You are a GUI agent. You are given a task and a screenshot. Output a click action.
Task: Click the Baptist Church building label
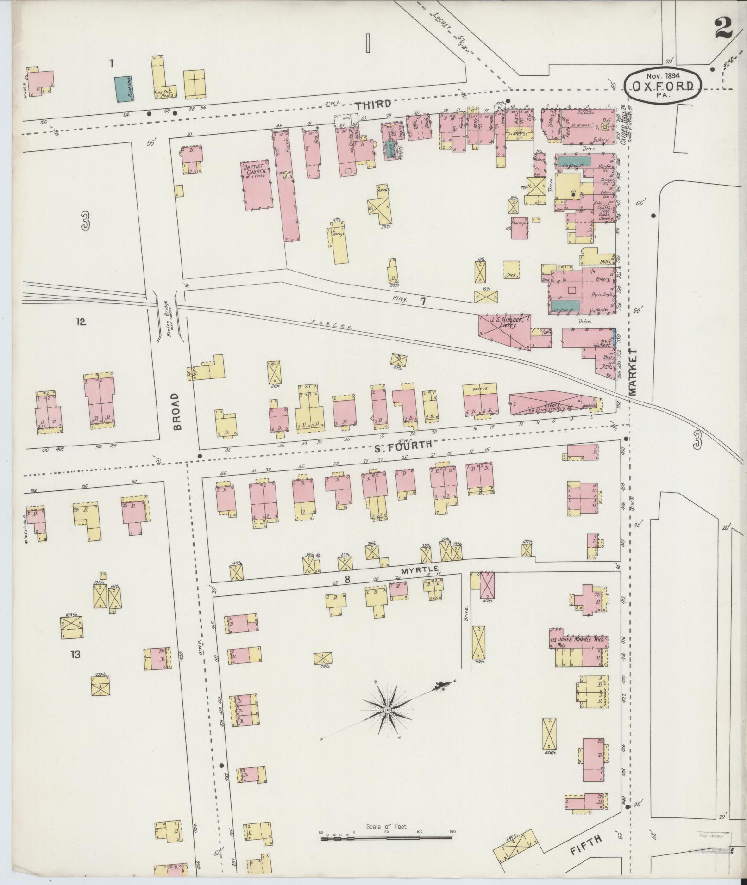[253, 169]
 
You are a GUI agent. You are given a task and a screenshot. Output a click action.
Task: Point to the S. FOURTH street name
[402, 445]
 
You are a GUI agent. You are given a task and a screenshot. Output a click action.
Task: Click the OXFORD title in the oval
[663, 86]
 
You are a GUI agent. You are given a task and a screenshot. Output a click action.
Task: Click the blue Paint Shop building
[123, 89]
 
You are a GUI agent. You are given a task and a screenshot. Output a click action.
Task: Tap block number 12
[81, 322]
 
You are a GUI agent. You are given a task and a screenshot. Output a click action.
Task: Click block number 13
[75, 655]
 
